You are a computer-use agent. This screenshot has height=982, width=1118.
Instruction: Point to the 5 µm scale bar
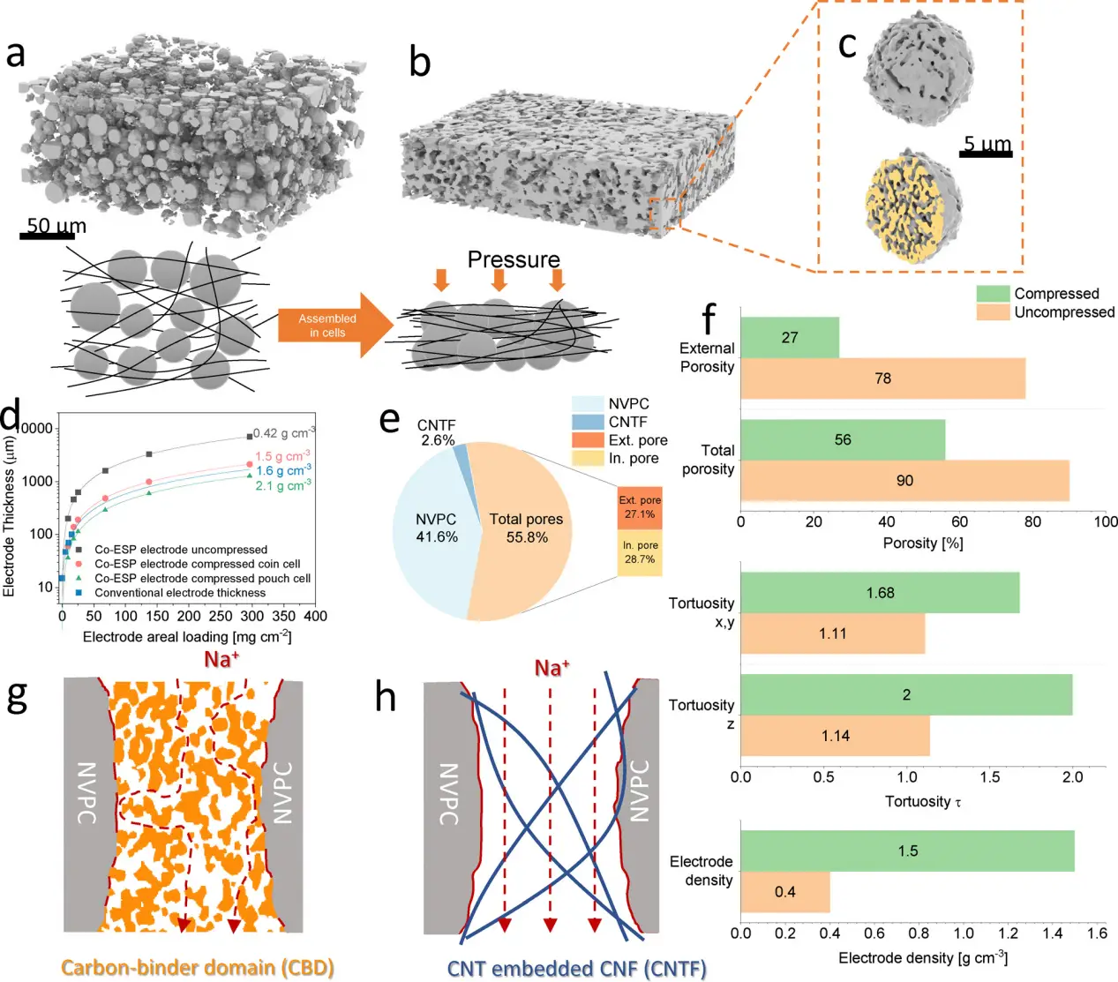pyautogui.click(x=986, y=155)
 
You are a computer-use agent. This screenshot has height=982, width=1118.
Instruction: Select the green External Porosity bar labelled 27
pyautogui.click(x=789, y=338)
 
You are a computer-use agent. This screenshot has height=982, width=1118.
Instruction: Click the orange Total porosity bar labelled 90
pyautogui.click(x=904, y=481)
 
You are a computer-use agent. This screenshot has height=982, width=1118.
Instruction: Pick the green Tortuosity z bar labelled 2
pyautogui.click(x=906, y=695)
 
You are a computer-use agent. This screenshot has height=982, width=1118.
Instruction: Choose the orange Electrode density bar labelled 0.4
pyautogui.click(x=784, y=892)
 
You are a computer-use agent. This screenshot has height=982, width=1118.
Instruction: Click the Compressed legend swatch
pyautogui.click(x=992, y=294)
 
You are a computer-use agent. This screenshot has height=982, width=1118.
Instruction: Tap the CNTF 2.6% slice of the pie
pyautogui.click(x=460, y=454)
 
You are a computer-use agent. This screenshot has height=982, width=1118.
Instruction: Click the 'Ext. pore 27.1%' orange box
pyautogui.click(x=639, y=507)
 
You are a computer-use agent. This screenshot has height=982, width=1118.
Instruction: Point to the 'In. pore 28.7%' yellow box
pyautogui.click(x=639, y=553)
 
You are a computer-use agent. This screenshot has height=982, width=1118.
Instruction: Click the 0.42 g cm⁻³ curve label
pyautogui.click(x=283, y=433)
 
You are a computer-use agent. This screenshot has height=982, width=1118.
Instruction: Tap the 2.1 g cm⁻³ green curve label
pyautogui.click(x=282, y=485)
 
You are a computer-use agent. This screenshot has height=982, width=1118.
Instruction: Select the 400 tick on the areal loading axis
pyautogui.click(x=315, y=616)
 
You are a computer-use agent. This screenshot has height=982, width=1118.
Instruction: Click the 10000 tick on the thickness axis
pyautogui.click(x=34, y=429)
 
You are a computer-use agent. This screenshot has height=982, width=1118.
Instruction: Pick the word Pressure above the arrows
pyautogui.click(x=514, y=259)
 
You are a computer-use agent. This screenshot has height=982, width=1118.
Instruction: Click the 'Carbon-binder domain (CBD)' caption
pyautogui.click(x=198, y=968)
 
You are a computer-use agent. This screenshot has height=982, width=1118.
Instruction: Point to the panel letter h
pyautogui.click(x=386, y=697)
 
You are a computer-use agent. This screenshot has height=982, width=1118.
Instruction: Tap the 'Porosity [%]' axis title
pyautogui.click(x=922, y=543)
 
